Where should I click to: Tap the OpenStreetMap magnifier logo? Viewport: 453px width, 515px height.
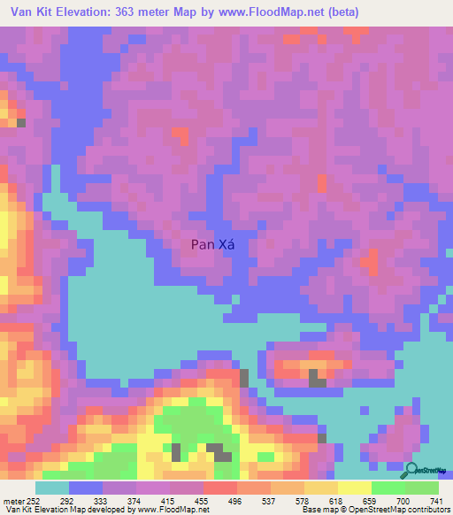(413, 471)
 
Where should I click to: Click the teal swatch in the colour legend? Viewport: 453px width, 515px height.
(51, 488)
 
